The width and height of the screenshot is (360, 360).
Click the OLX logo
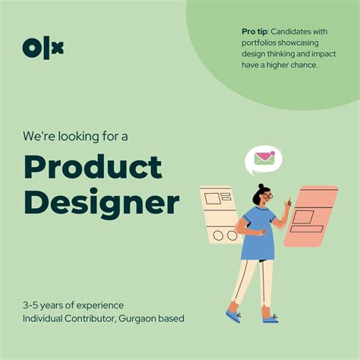[43, 48]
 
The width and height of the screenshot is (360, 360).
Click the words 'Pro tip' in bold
[253, 31]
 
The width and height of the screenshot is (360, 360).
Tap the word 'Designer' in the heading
[101, 203]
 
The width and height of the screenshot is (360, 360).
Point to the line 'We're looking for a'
[75, 136]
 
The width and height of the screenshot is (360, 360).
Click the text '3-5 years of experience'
[73, 305]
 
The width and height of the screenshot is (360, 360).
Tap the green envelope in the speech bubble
[264, 159]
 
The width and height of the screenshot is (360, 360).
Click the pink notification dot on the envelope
[270, 154]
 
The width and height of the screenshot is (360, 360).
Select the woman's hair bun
[261, 186]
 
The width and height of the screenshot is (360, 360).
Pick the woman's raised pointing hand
[288, 204]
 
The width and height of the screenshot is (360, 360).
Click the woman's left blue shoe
[233, 314]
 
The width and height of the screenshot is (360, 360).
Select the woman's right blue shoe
[270, 317]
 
